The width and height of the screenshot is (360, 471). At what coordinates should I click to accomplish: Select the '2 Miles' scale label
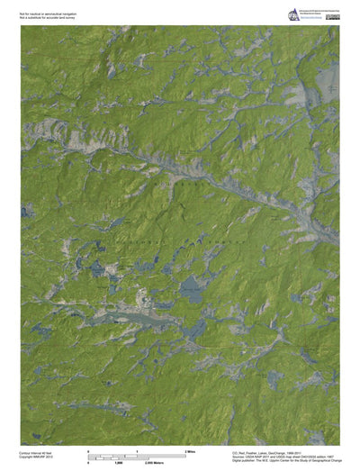[190, 449]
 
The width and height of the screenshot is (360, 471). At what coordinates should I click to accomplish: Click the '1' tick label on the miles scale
[137, 449]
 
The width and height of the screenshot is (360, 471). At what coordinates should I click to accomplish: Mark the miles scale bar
[136, 453]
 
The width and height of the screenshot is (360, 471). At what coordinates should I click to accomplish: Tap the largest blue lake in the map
[191, 290]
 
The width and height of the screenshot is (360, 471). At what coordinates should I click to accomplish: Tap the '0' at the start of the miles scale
[88, 449]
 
